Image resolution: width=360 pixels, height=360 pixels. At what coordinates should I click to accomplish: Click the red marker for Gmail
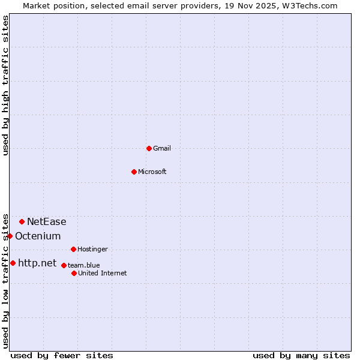(x=149, y=148)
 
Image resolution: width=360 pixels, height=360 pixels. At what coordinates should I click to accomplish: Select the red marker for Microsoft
(x=134, y=172)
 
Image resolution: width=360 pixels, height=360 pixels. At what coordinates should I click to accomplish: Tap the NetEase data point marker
(x=22, y=221)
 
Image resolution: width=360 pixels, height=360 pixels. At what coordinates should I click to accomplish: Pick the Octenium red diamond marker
(x=10, y=236)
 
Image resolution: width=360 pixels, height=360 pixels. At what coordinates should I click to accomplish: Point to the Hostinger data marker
(x=73, y=249)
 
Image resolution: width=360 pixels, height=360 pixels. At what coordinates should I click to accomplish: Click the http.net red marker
(x=13, y=263)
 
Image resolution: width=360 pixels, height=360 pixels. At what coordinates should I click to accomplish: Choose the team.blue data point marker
(x=64, y=265)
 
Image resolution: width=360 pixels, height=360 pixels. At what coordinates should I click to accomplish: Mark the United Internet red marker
(x=74, y=273)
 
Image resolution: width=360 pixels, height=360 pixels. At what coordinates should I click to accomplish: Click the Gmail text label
(x=162, y=148)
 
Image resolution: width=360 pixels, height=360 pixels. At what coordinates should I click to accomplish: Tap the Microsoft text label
(x=152, y=172)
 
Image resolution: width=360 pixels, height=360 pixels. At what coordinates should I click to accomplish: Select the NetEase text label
(x=47, y=221)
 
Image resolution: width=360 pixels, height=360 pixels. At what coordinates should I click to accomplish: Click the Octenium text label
(x=38, y=236)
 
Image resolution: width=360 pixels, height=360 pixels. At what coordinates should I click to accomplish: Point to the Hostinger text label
(x=92, y=249)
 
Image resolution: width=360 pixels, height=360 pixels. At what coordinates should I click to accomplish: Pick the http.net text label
(x=37, y=263)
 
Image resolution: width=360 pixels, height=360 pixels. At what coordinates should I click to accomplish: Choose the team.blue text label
(x=84, y=265)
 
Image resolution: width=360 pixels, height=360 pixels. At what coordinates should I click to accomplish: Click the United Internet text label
(x=103, y=273)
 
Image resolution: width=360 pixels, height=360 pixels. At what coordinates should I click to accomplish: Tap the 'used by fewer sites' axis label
(x=62, y=355)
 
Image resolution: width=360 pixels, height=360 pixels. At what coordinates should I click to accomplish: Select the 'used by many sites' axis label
(x=301, y=355)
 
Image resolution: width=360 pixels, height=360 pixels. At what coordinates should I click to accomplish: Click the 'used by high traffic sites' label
(x=5, y=85)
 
